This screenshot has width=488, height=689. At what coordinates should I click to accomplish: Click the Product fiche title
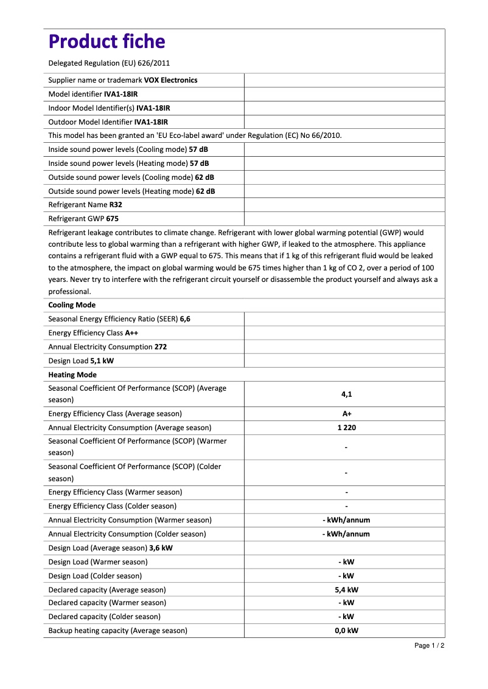click(106, 41)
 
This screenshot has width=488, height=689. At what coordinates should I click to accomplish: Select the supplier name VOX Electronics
click(170, 80)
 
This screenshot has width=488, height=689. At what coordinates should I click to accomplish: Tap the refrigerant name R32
click(116, 205)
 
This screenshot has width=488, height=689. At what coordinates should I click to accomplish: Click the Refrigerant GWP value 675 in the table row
click(112, 219)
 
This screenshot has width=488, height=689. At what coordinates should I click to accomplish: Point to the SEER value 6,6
click(185, 319)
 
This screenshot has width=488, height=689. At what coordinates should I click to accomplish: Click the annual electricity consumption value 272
click(161, 347)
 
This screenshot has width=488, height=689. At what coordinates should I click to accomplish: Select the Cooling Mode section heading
click(72, 305)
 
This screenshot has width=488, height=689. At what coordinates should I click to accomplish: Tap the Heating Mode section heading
click(72, 375)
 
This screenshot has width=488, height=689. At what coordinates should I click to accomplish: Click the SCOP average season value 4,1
click(346, 394)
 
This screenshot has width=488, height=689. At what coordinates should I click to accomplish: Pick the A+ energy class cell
click(346, 414)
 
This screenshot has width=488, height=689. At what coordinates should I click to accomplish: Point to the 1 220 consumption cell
click(346, 428)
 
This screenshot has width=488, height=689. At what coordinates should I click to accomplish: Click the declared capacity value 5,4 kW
click(346, 589)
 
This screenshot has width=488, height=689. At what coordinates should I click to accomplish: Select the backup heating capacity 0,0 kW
click(346, 631)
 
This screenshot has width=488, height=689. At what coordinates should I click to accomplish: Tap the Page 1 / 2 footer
click(429, 645)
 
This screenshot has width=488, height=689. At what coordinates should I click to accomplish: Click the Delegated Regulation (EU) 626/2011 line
click(109, 63)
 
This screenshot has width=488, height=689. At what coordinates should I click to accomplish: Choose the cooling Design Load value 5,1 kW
click(102, 361)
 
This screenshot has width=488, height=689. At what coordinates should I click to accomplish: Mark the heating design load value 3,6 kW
click(161, 548)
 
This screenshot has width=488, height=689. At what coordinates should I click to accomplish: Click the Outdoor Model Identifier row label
click(90, 122)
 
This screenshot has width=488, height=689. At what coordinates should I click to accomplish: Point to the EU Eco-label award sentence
click(195, 135)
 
